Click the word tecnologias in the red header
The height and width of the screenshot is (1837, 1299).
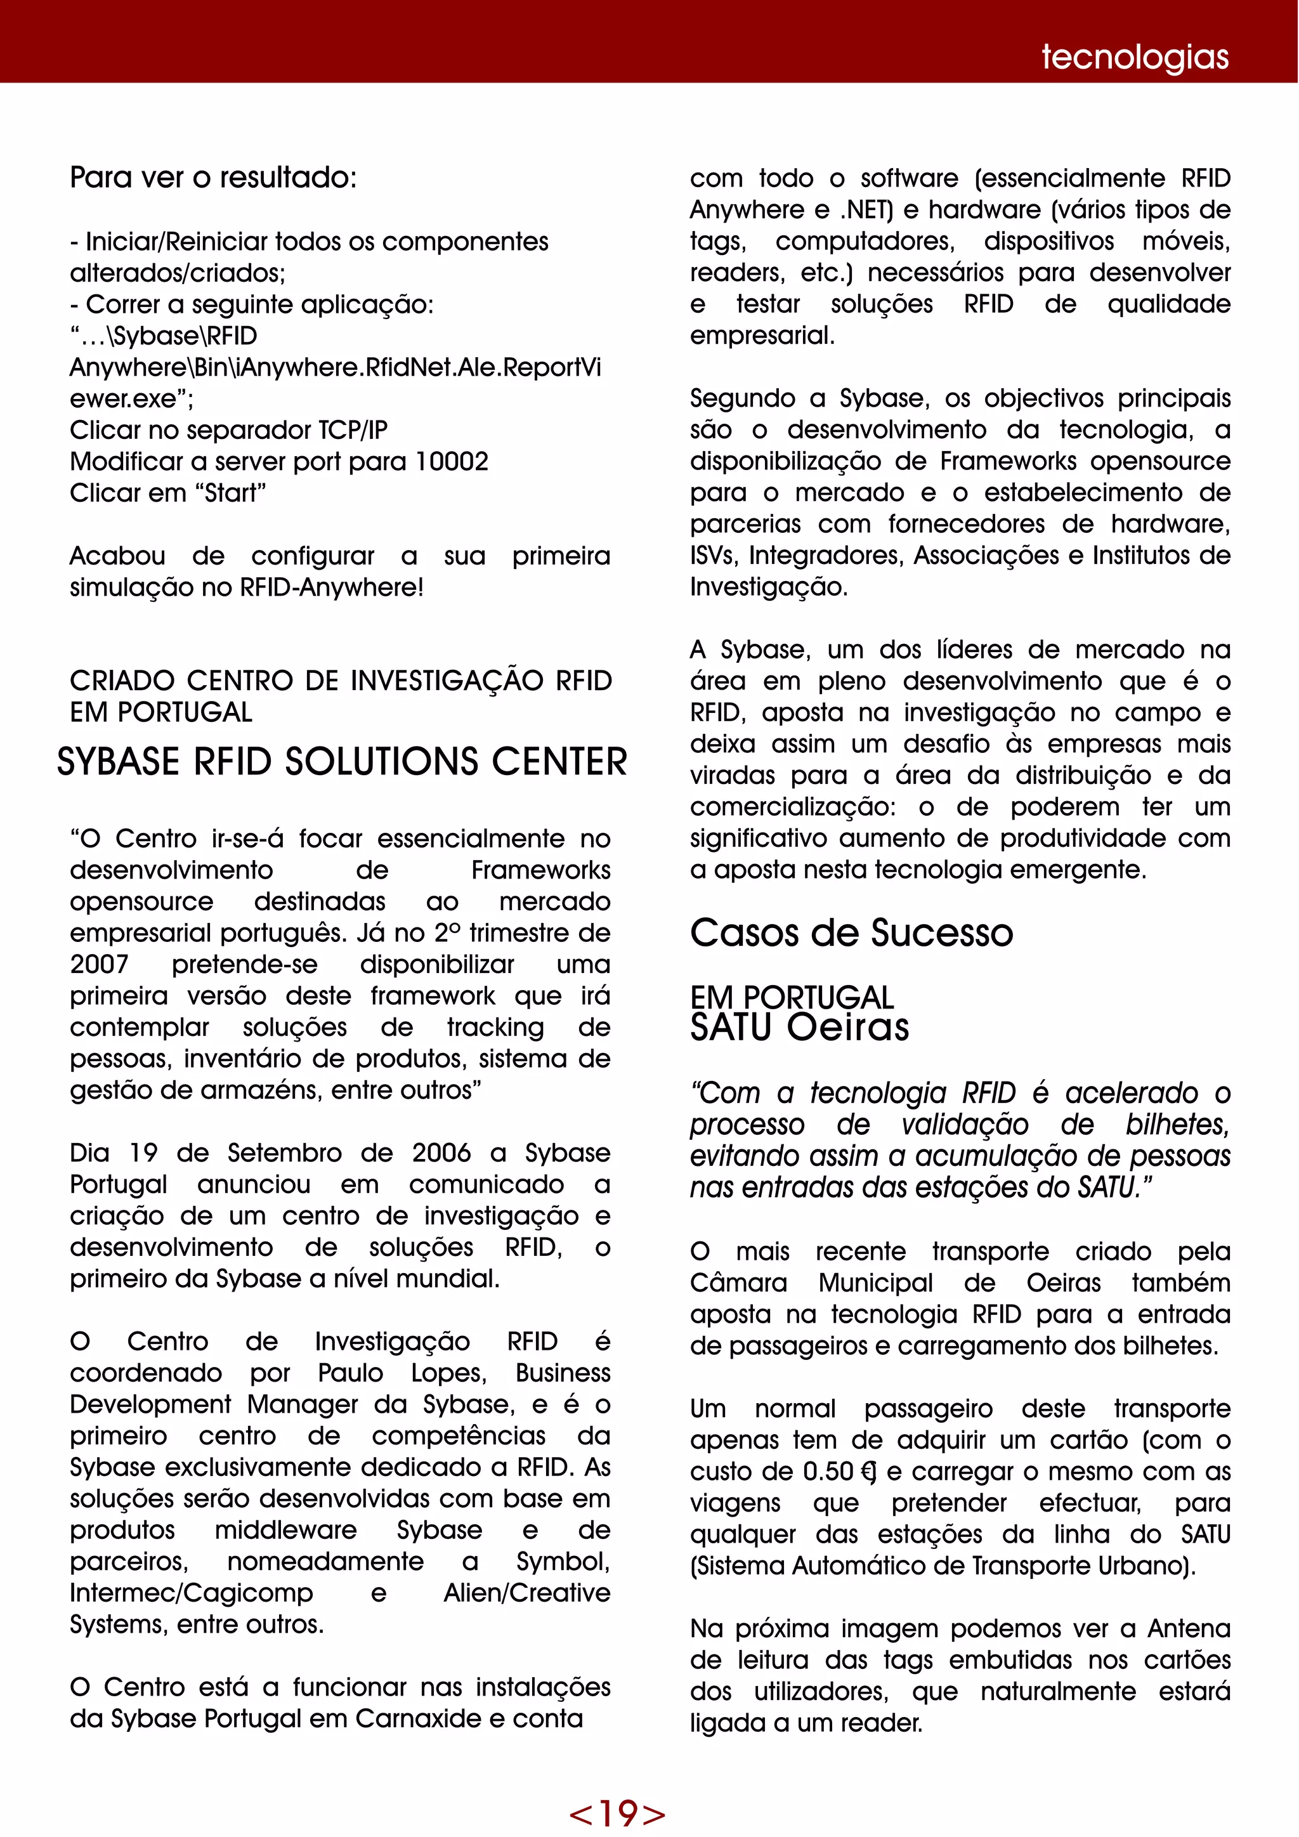1134,58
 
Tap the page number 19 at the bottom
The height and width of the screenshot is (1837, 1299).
617,1812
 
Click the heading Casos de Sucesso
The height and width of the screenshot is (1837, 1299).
851,933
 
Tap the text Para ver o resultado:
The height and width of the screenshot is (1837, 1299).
212,178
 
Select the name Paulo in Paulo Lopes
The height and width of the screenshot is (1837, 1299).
350,1373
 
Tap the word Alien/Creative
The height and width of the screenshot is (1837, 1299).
526,1593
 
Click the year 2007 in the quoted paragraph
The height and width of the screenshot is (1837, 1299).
99,964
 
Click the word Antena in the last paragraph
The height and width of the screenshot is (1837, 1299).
1189,1628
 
